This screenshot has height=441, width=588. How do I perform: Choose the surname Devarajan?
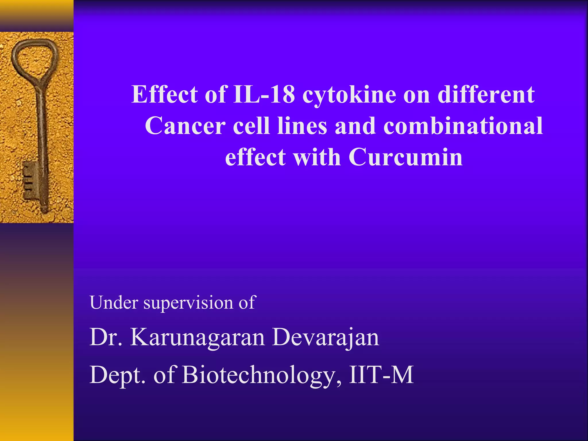click(326, 338)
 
